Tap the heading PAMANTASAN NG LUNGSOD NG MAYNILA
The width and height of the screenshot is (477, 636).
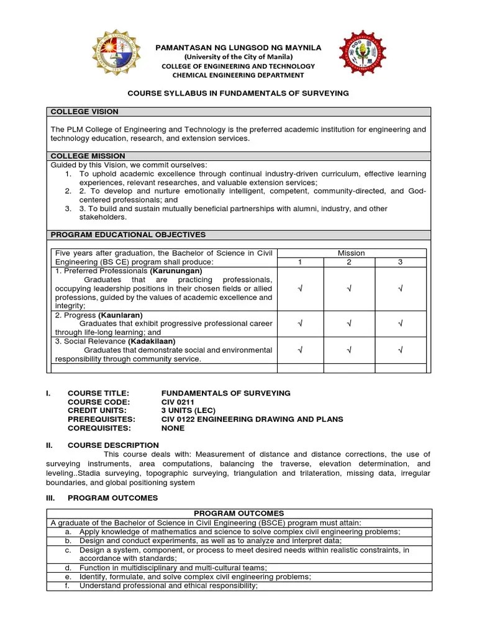click(238, 47)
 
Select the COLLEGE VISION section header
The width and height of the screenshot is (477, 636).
click(84, 112)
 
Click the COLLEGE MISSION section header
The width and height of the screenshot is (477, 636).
click(88, 156)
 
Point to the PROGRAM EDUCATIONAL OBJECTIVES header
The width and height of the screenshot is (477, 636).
click(128, 235)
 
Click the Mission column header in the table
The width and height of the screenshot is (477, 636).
click(351, 253)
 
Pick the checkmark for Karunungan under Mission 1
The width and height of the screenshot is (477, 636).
click(300, 289)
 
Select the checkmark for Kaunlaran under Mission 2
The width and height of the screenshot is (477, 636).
click(350, 323)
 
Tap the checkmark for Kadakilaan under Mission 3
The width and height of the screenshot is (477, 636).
click(401, 350)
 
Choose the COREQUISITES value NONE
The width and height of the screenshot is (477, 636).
click(173, 428)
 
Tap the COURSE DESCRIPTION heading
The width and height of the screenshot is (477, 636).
click(113, 445)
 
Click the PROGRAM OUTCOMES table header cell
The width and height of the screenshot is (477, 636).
click(238, 513)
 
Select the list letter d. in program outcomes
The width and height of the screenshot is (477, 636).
click(68, 568)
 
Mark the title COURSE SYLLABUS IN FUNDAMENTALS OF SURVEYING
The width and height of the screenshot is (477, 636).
click(238, 93)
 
